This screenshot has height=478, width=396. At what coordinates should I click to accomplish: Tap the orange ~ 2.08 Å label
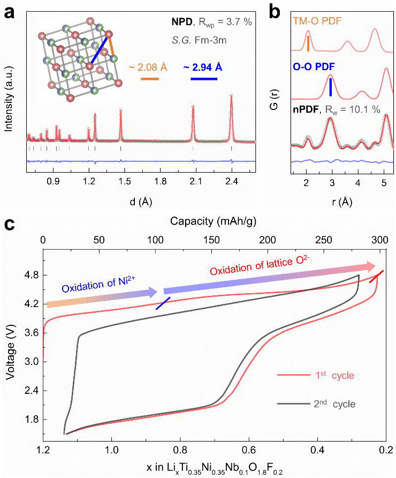pos(148,68)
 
